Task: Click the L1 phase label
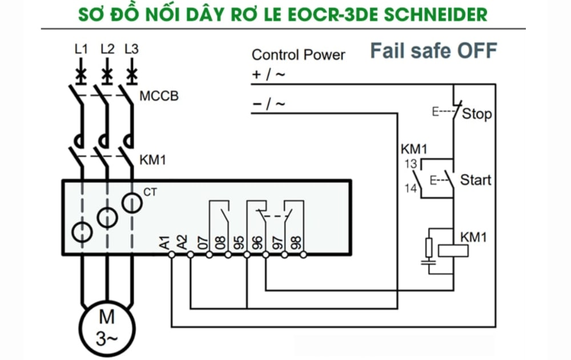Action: [82, 49]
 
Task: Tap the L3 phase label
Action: [131, 49]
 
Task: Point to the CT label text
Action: [150, 192]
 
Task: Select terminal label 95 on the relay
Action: [239, 243]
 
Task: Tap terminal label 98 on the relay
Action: [296, 243]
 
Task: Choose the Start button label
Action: [475, 180]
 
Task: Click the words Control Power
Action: [298, 55]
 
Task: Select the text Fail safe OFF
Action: [433, 51]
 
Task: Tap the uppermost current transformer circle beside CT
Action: [132, 203]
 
